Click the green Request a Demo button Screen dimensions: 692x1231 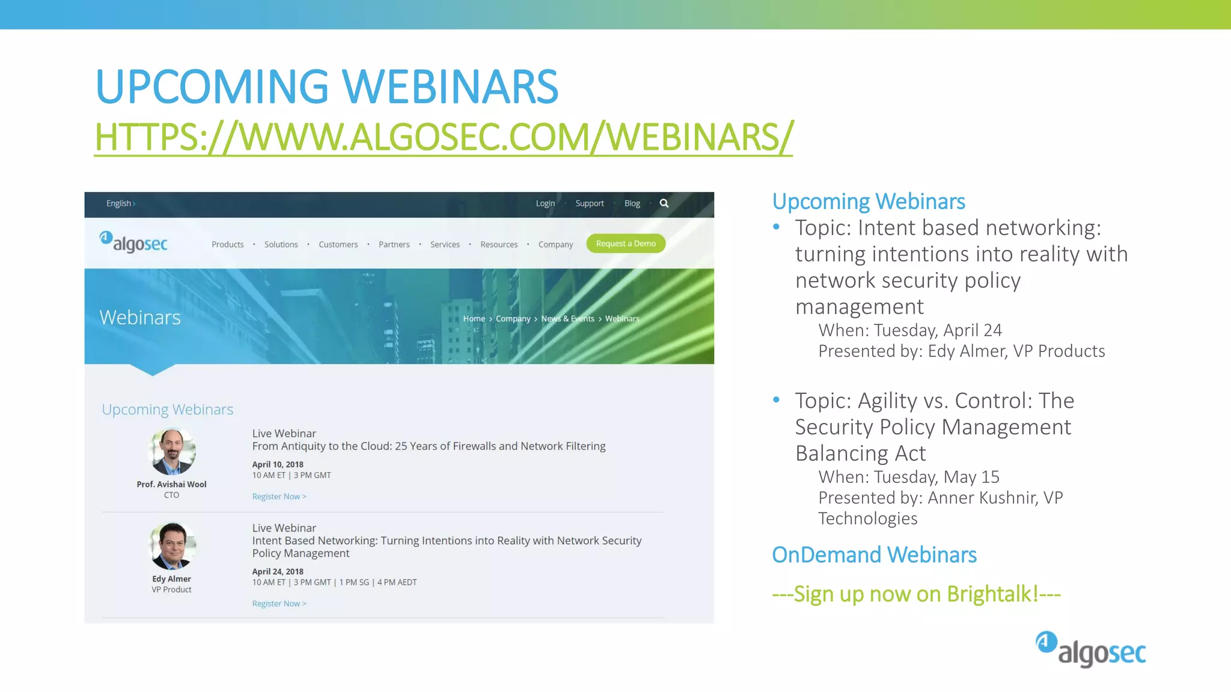(626, 243)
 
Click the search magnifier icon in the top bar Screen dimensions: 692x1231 (664, 203)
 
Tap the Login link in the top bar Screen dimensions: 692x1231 (545, 204)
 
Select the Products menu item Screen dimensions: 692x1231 (227, 244)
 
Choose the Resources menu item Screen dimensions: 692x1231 (499, 244)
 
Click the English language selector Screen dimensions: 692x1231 (120, 204)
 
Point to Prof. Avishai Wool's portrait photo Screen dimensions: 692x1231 (172, 452)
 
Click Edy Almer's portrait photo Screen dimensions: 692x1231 (172, 546)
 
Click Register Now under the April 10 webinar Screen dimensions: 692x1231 (279, 497)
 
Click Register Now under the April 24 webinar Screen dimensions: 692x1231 (279, 604)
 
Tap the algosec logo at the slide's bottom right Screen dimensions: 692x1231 (1090, 649)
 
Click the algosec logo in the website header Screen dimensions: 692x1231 (133, 242)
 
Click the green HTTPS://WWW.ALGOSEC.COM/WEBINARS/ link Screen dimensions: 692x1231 (444, 137)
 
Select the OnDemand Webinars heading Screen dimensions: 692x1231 (874, 554)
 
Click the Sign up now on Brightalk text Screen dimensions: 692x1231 (916, 594)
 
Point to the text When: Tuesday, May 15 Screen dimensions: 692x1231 (908, 477)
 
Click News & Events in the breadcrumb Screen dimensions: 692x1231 (567, 319)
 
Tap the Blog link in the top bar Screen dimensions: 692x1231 (632, 204)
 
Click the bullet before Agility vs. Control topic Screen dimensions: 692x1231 (777, 399)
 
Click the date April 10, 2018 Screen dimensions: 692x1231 (278, 464)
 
